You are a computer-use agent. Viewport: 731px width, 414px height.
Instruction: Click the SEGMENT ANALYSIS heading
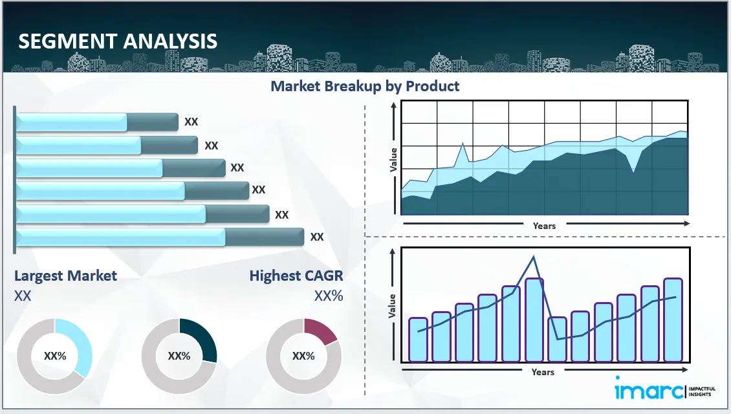(118, 41)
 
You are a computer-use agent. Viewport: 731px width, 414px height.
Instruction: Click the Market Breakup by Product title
(365, 86)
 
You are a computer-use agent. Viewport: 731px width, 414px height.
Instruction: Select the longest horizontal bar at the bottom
(159, 237)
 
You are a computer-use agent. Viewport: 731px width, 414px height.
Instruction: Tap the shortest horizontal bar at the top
(96, 122)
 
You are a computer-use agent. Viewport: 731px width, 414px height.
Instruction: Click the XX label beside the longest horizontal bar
(316, 237)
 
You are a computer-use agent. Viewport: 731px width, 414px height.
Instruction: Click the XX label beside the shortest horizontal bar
(191, 122)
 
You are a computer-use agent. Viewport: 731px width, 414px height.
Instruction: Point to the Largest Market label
(65, 276)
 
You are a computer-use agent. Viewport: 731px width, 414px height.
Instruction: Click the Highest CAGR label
(296, 276)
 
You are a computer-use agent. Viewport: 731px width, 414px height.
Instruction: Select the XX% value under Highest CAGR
(329, 296)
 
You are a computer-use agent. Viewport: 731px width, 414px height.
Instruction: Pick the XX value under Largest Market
(23, 296)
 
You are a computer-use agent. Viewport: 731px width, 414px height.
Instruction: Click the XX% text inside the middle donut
(179, 356)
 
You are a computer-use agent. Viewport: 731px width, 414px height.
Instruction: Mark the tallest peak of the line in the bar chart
(534, 257)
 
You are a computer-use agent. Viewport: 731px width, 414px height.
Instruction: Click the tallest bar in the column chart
(534, 320)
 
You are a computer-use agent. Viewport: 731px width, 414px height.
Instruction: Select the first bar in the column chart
(418, 340)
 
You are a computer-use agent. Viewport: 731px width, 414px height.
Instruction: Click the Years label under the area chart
(544, 226)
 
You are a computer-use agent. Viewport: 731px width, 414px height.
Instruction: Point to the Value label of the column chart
(392, 306)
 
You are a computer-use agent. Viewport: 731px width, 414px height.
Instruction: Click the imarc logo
(647, 390)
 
